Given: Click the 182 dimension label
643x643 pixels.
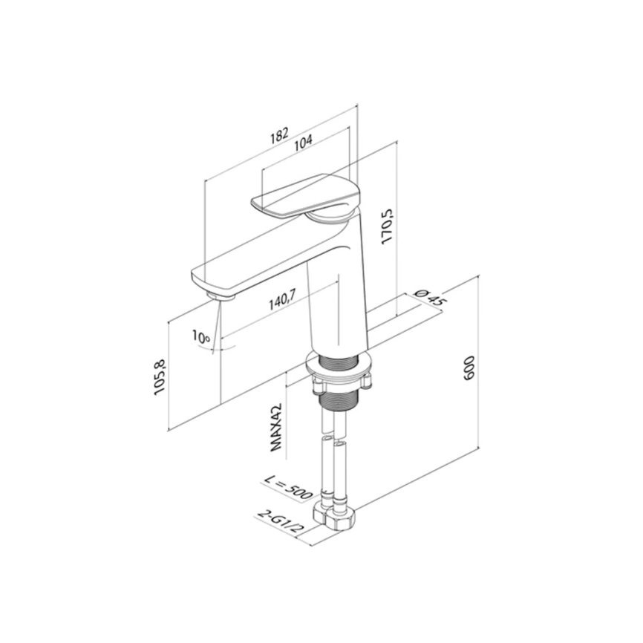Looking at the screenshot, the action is [x=279, y=135].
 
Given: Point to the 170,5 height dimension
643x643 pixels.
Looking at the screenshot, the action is [x=387, y=227].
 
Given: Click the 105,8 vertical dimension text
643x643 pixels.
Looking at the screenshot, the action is [x=160, y=377].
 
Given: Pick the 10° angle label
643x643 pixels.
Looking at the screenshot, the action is [x=201, y=337].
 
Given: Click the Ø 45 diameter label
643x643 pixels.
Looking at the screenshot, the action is [x=430, y=298].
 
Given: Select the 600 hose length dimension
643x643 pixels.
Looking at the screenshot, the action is [x=469, y=368].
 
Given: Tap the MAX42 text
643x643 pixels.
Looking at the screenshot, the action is [x=276, y=427].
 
